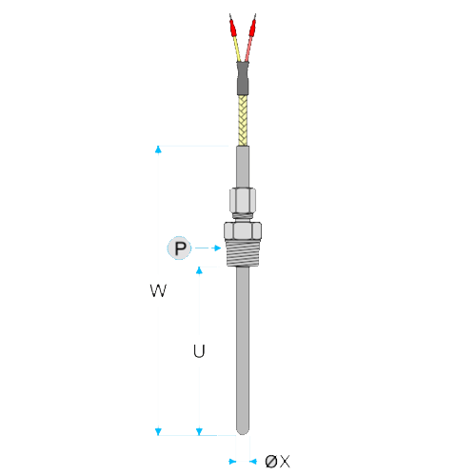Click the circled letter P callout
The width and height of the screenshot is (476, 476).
179,248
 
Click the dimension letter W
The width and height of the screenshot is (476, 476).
158,290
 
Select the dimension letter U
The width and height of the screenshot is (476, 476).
199,351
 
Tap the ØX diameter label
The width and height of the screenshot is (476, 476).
277,461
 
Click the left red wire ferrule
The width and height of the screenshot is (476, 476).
233,28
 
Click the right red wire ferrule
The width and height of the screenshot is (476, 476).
252,28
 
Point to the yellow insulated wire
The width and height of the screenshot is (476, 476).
237,49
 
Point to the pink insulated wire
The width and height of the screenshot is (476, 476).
248,49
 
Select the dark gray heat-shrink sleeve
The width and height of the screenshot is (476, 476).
243,78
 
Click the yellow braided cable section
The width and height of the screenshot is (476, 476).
243,121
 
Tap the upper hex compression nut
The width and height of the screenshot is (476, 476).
243,201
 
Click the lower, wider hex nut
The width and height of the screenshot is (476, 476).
243,230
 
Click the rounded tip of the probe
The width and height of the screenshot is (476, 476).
243,430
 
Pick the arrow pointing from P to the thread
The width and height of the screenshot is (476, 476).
208,248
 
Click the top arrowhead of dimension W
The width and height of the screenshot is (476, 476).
158,149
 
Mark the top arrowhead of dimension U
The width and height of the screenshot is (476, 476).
199,270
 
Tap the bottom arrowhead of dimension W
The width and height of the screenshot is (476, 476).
158,431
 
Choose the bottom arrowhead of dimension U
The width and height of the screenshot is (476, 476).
199,431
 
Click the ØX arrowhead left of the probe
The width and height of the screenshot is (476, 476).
232,462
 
